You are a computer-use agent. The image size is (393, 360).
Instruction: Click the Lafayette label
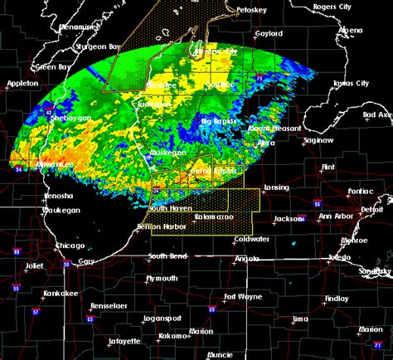coord(124,342)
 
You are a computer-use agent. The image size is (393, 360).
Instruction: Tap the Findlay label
coord(336,298)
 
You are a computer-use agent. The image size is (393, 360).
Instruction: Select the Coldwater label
coord(251,239)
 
